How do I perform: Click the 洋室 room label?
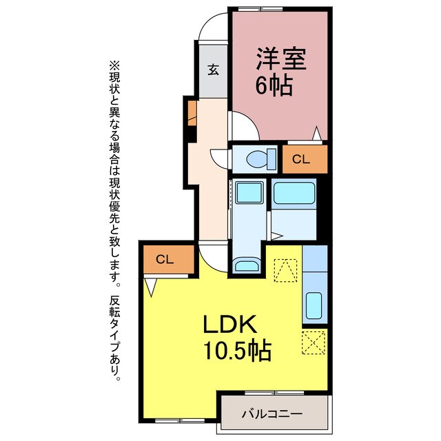279,57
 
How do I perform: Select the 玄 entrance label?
214,70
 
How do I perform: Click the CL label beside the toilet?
301,159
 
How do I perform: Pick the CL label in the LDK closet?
164,259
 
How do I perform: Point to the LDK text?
229,325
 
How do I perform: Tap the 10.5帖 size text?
236,351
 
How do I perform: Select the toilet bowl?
257,159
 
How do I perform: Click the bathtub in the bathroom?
294,194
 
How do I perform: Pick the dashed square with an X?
314,342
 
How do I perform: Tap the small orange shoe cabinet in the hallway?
192,114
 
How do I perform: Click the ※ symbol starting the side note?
114,65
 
